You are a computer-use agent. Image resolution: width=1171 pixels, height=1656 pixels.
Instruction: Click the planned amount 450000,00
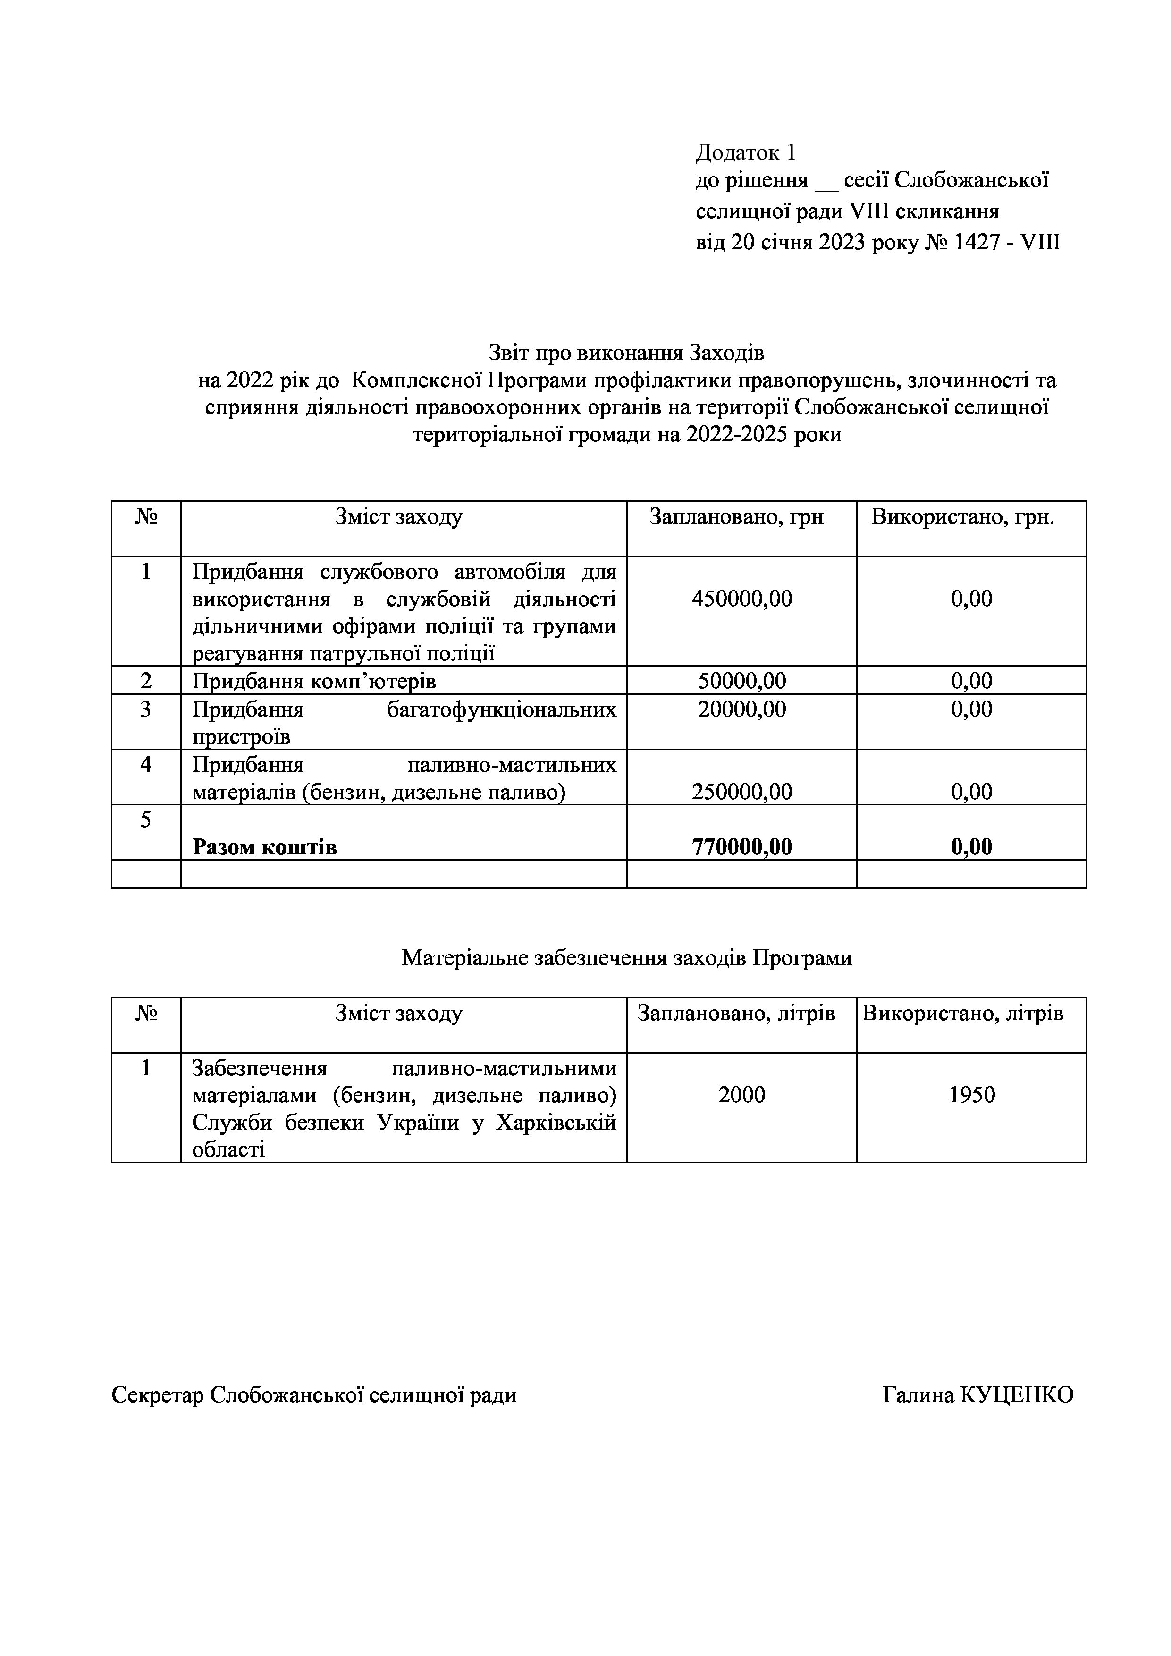741,599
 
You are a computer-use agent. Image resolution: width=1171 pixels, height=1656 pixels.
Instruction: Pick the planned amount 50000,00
741,681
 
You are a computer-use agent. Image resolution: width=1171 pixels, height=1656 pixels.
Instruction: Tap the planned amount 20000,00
741,710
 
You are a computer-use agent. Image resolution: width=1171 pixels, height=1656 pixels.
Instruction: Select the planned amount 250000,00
741,792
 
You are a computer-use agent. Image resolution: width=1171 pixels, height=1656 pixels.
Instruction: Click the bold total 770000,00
741,847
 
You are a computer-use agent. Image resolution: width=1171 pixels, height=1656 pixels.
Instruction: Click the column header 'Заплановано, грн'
736,517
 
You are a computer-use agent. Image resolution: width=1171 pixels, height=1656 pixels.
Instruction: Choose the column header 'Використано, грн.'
962,517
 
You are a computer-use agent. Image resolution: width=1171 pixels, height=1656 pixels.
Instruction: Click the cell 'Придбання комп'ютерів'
314,681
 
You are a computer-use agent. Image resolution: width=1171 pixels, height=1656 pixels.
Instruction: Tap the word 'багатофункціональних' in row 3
501,710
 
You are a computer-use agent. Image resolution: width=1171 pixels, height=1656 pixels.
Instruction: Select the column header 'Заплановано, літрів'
736,1014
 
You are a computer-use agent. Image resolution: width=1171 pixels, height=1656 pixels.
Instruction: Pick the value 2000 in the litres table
741,1095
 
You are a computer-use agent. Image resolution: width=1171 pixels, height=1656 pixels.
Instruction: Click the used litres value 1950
971,1095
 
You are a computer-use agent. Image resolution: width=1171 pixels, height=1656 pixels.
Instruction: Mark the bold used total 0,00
971,847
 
